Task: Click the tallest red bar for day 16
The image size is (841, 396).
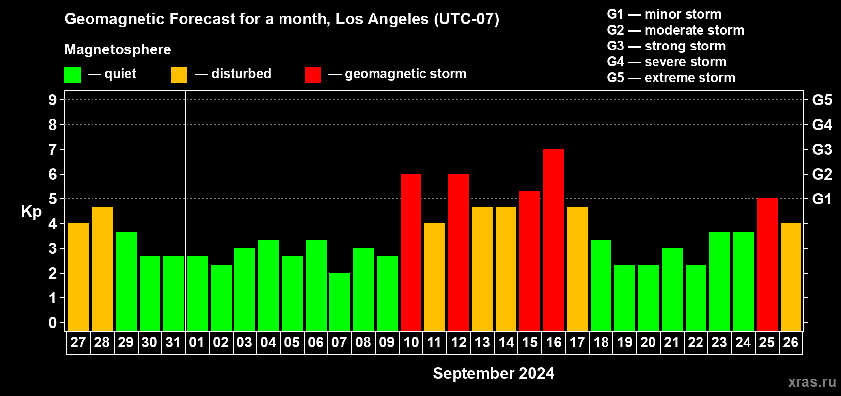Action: [x=554, y=240]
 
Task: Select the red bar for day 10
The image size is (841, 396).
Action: [x=411, y=252]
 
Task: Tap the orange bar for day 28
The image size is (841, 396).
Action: [x=102, y=269]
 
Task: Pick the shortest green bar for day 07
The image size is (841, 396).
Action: [x=340, y=301]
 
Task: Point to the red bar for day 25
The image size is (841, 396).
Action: [x=767, y=265]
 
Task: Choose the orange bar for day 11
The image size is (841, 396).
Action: [x=435, y=277]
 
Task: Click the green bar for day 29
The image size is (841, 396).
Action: [x=126, y=281]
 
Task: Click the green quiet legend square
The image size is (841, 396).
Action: [x=73, y=75]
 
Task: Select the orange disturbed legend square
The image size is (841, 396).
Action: [x=179, y=75]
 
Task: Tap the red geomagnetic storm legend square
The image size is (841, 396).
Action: [x=313, y=75]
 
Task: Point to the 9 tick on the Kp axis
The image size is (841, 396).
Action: [x=53, y=100]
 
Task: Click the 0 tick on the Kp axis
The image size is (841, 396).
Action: [x=53, y=323]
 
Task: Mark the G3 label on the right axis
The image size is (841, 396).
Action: [x=822, y=149]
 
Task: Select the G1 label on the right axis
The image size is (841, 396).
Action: [x=822, y=199]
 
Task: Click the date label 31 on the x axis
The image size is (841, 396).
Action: [x=173, y=342]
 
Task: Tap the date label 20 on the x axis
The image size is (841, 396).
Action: [x=648, y=342]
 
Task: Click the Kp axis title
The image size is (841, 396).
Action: [x=31, y=211]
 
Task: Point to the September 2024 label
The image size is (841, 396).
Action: [x=493, y=373]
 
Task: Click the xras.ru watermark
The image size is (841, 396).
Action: [x=811, y=382]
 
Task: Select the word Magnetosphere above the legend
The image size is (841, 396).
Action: [x=118, y=49]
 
